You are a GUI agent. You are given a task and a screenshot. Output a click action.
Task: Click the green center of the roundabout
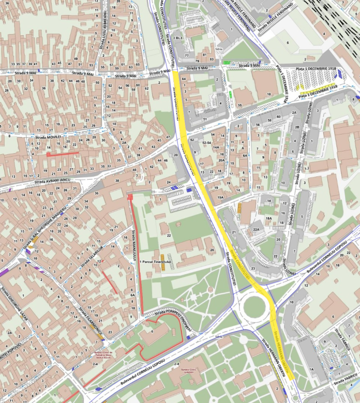pos(254,307)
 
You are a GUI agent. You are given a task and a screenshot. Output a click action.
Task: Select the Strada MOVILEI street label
pos(48,138)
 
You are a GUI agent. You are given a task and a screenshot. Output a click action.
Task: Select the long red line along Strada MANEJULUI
pos(136,259)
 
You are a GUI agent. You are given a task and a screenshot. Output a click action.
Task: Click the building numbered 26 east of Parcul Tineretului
pos(211,250)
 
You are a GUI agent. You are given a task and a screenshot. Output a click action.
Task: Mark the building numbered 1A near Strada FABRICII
pos(311,369)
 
